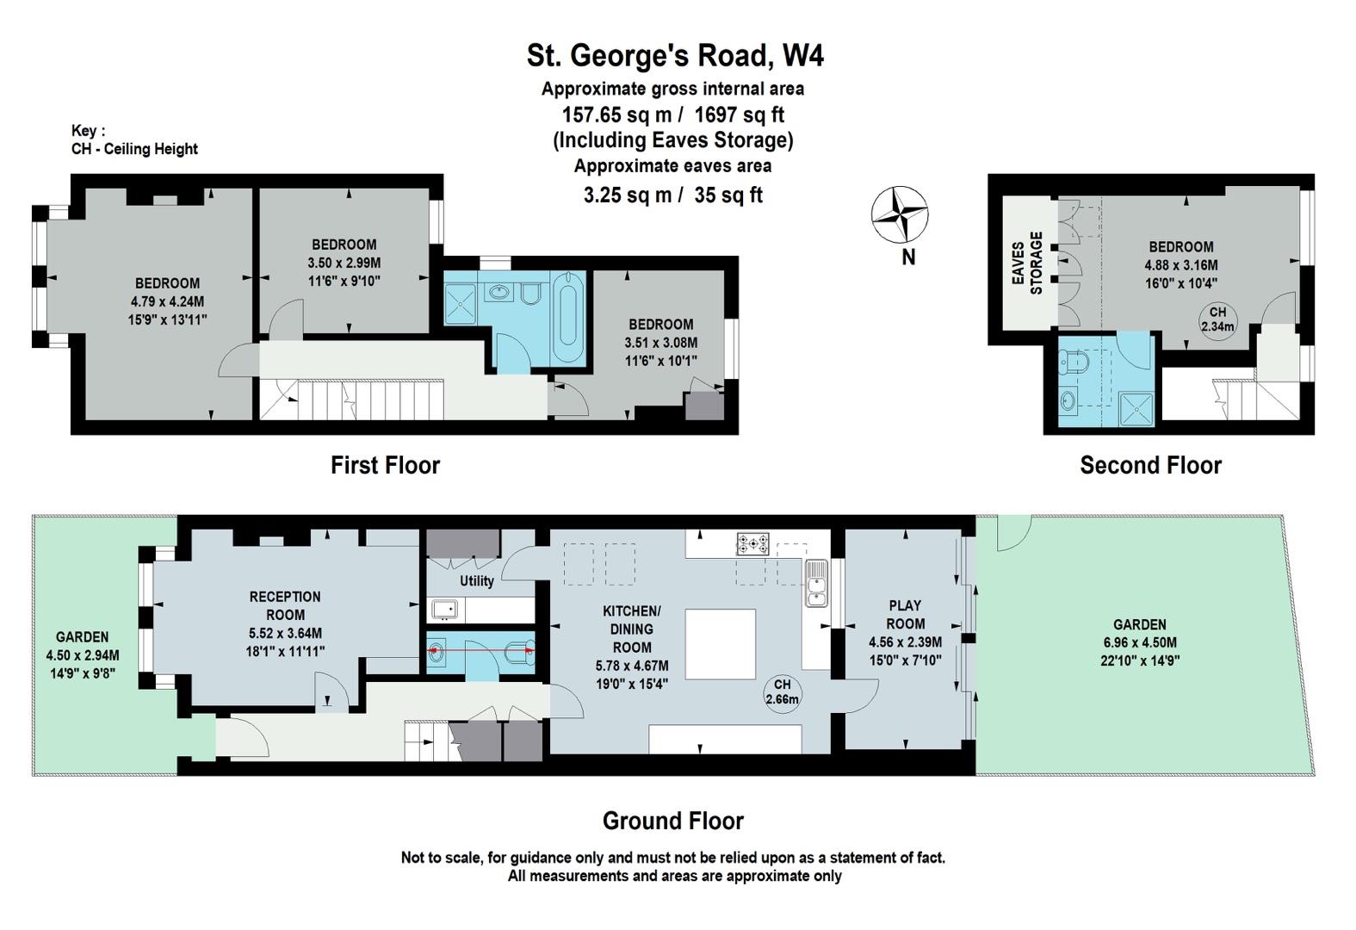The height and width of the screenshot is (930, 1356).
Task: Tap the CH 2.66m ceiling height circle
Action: tap(782, 692)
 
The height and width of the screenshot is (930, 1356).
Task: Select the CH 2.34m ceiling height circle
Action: tap(1217, 319)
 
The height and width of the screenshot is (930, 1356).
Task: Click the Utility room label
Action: tap(476, 581)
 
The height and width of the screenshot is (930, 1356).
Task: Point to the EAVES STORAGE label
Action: tap(1027, 263)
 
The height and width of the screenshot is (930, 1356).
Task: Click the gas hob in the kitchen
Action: tap(752, 543)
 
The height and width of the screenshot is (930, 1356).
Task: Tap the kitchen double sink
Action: tap(816, 583)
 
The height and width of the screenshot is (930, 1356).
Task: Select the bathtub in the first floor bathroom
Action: tap(568, 310)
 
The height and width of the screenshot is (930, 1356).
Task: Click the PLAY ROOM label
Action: tap(905, 615)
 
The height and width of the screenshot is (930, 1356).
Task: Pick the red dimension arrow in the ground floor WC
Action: tap(481, 651)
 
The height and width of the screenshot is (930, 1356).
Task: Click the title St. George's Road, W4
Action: tap(675, 55)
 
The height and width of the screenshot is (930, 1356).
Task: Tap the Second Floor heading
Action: tap(1151, 465)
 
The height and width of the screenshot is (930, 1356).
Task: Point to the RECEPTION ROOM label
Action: tap(285, 606)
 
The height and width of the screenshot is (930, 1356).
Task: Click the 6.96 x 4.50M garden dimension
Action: tap(1140, 642)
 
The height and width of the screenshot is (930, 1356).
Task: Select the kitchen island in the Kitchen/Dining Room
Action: tap(721, 644)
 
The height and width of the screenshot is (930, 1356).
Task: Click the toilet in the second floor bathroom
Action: tap(1074, 362)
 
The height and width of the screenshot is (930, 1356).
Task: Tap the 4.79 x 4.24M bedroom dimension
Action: tap(167, 301)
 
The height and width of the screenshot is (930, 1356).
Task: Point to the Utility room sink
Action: tap(445, 610)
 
